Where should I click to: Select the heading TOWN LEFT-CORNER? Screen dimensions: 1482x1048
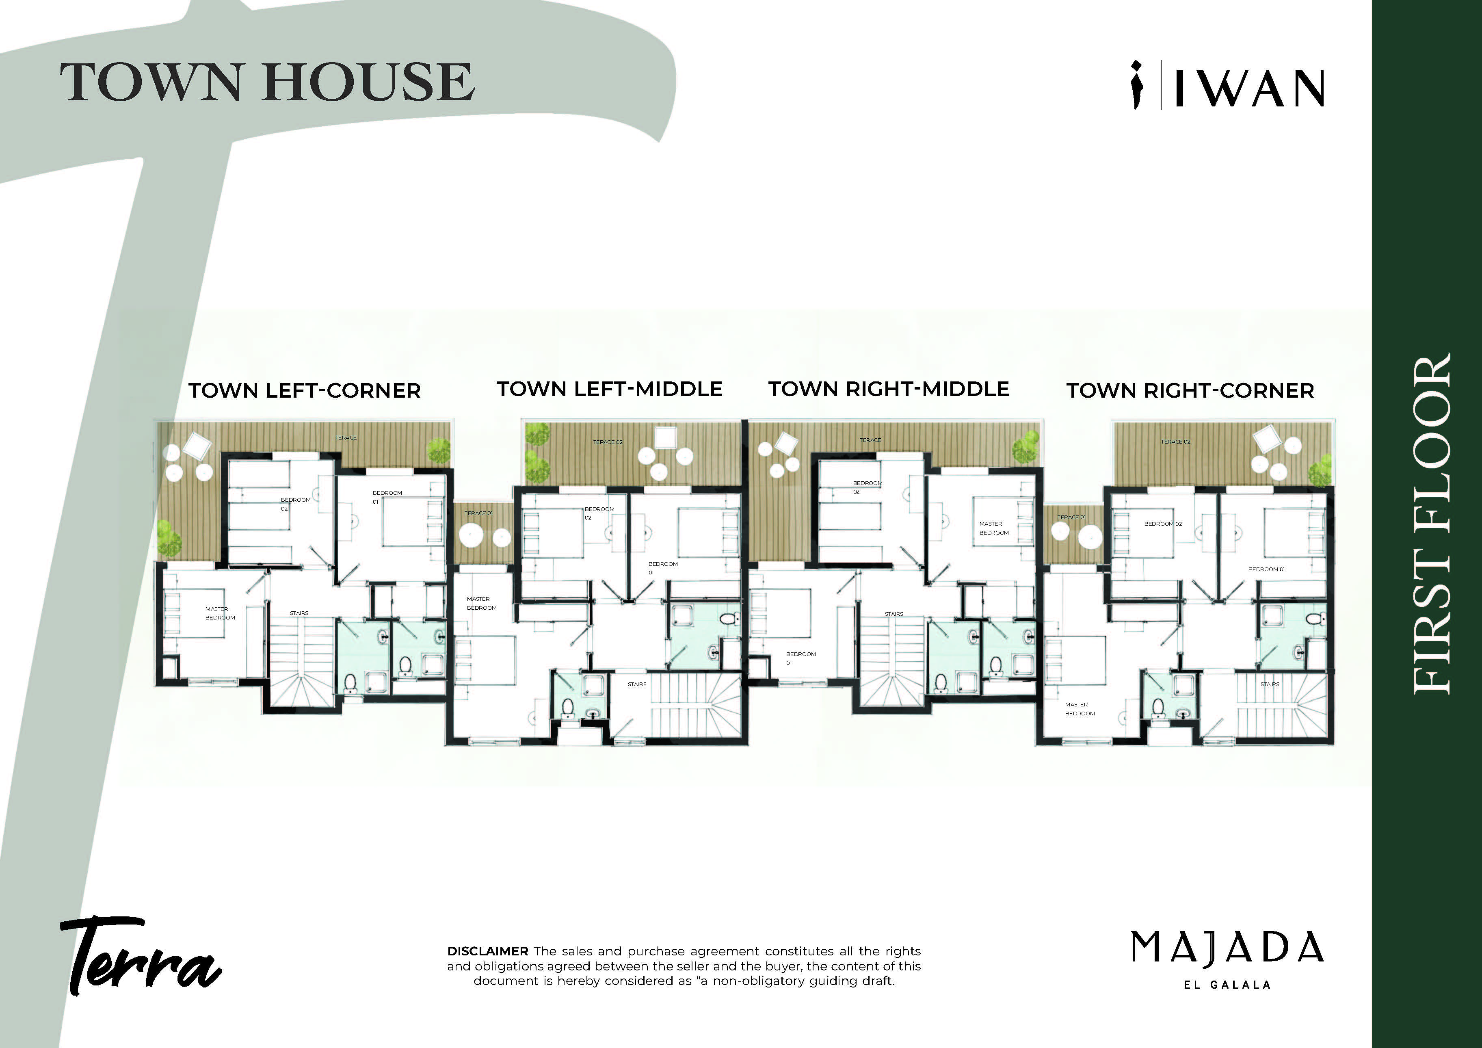[x=305, y=391]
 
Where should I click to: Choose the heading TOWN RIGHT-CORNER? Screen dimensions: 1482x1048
[x=1190, y=391]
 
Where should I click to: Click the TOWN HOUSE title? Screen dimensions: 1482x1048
[x=267, y=82]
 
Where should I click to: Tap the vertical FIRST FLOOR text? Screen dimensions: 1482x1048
[x=1432, y=524]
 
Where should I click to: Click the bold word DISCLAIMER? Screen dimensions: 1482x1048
[x=487, y=951]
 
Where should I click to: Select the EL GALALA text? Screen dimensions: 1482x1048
[x=1227, y=985]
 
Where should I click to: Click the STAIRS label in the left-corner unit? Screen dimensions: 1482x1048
[x=299, y=613]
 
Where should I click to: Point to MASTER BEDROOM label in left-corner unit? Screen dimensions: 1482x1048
[x=220, y=613]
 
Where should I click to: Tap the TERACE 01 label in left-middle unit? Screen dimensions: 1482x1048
[x=478, y=513]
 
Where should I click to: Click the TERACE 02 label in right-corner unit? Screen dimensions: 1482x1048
[x=1175, y=442]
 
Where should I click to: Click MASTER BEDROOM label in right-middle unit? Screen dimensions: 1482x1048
[x=994, y=528]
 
